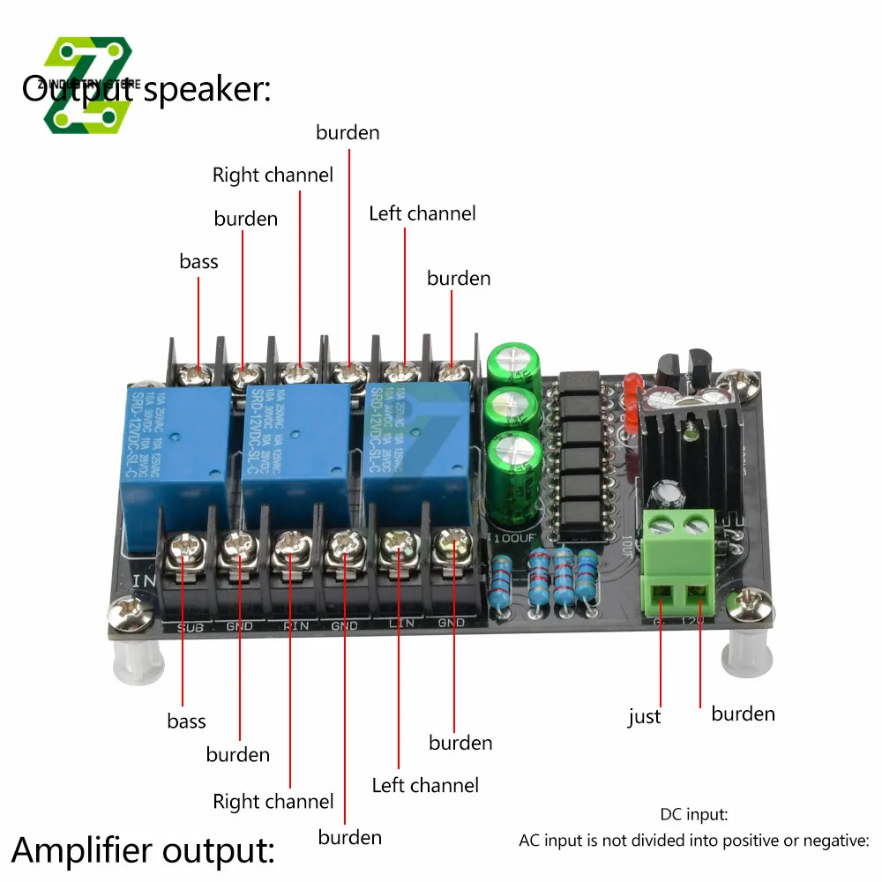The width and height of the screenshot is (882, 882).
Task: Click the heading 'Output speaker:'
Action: (146, 89)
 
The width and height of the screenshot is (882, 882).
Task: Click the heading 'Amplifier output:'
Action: (144, 850)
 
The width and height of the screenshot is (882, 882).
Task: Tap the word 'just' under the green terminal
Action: (645, 717)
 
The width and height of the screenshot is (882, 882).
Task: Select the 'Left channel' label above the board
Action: (422, 213)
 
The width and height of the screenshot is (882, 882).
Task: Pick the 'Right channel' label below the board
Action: (273, 802)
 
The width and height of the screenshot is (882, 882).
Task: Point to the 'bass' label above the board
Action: (198, 261)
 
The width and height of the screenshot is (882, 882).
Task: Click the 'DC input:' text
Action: (693, 815)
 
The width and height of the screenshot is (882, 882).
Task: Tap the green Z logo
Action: (88, 86)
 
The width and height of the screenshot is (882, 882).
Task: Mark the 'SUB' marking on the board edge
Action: (191, 626)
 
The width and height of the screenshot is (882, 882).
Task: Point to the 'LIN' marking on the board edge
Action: (398, 625)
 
